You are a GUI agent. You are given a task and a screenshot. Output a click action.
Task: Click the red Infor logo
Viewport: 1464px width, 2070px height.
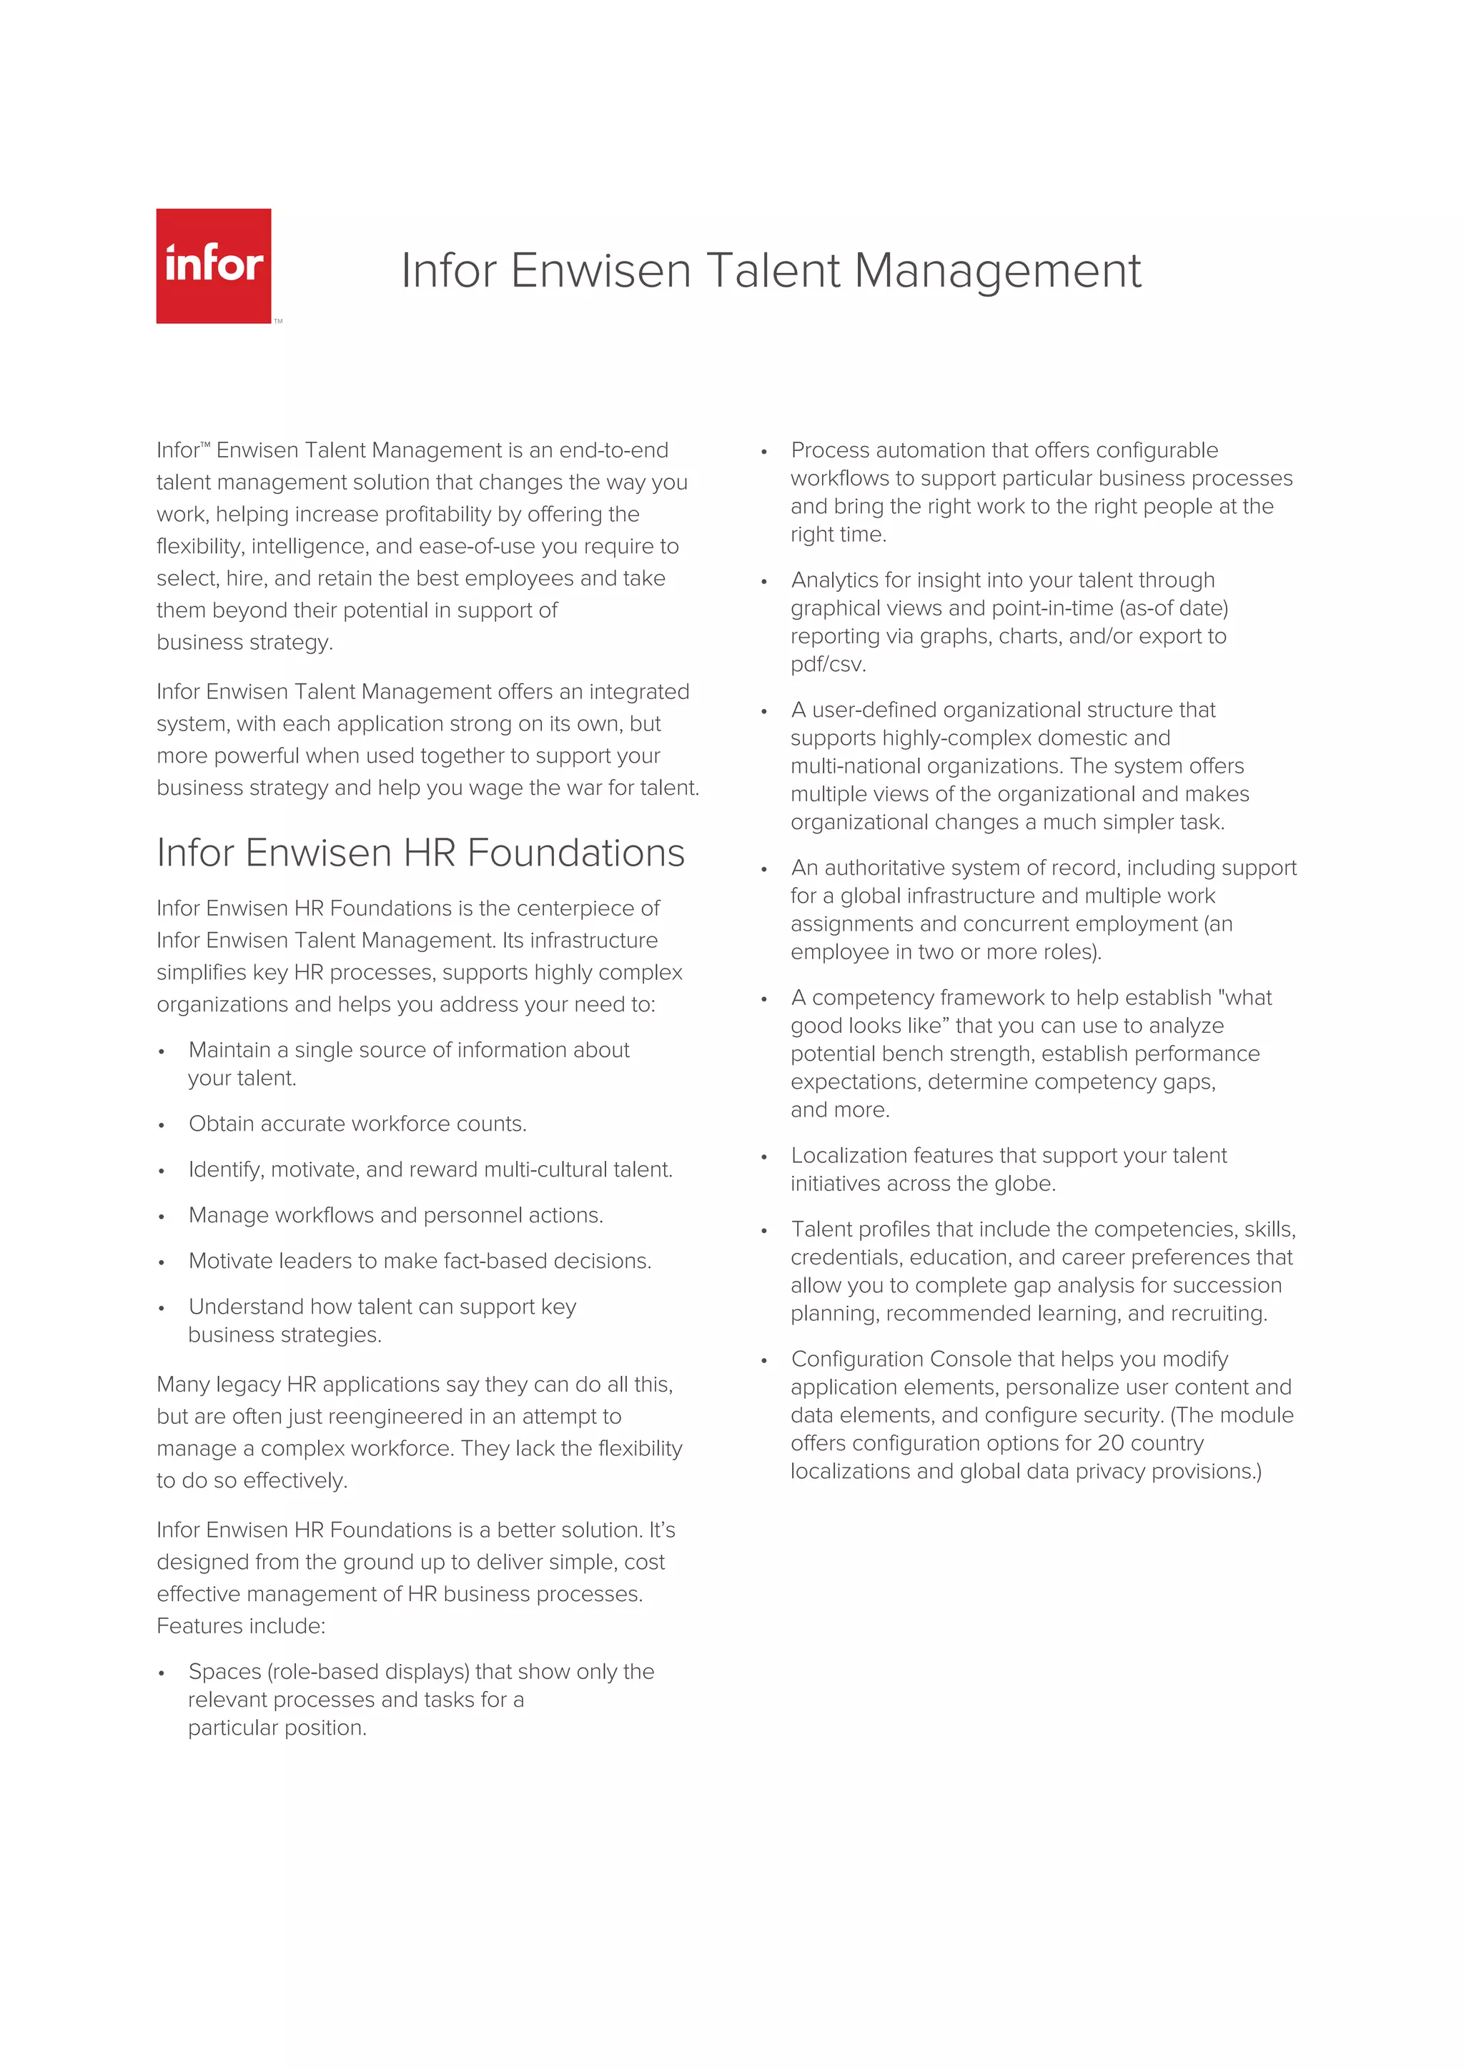(214, 266)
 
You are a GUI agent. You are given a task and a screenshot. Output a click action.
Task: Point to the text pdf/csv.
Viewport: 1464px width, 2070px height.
(828, 665)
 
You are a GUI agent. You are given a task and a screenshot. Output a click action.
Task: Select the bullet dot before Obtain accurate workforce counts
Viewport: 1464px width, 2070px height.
(162, 1125)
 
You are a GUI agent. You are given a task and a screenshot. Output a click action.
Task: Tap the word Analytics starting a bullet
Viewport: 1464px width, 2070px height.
(835, 580)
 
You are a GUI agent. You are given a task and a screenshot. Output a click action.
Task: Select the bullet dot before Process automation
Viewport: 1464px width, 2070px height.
(763, 452)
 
